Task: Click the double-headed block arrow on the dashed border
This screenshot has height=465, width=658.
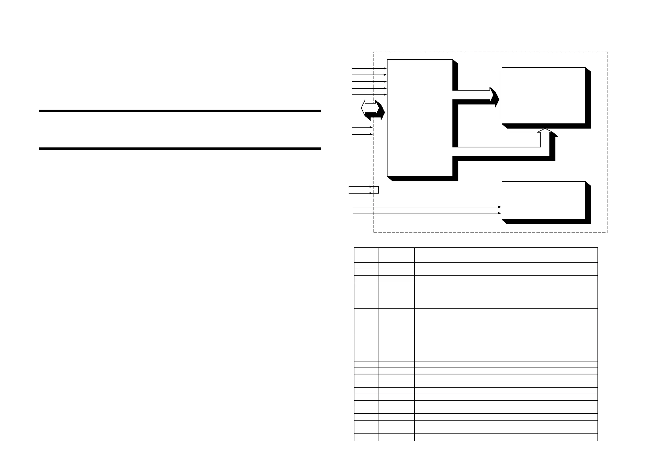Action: [372, 110]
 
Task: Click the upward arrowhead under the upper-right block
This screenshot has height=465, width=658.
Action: [545, 130]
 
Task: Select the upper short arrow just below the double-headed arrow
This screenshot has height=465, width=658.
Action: [362, 127]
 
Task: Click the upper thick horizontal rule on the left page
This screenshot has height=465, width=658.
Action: [180, 111]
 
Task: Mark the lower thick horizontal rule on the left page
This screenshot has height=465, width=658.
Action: [180, 148]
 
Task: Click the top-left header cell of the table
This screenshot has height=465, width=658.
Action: [366, 252]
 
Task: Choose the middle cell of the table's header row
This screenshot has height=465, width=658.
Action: [396, 252]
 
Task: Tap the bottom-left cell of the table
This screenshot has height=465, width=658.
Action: [366, 437]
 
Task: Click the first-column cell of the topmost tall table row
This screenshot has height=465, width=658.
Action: [366, 295]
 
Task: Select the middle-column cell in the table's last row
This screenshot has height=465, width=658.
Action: [396, 437]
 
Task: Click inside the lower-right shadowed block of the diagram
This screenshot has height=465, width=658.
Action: [543, 200]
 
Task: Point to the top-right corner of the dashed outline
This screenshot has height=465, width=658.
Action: [607, 52]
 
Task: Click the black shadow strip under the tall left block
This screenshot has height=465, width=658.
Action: [424, 179]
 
